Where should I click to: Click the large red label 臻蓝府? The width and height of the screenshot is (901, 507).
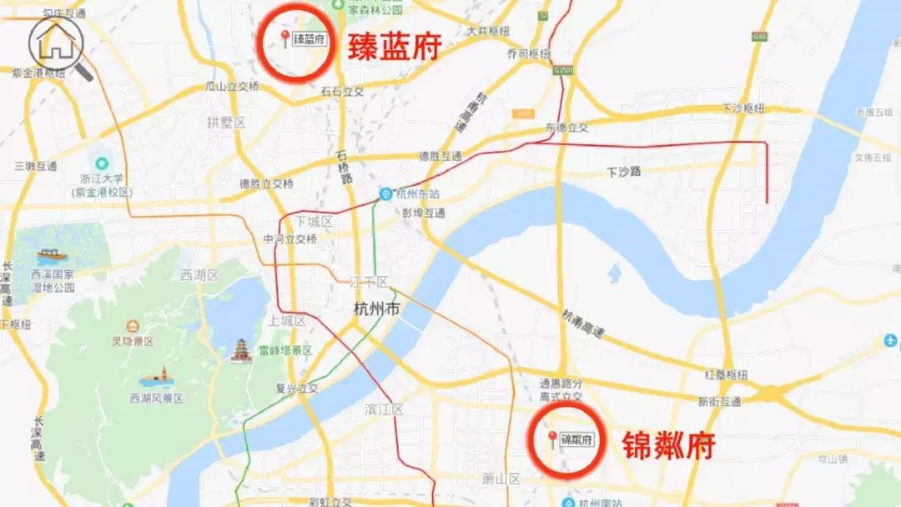point(394,47)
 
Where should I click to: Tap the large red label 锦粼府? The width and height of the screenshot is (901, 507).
point(668,445)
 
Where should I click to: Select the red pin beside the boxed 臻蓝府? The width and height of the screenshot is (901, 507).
point(285,38)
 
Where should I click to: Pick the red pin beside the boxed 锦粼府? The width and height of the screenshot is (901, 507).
point(551,439)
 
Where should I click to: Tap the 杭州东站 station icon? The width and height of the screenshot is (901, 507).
point(385,193)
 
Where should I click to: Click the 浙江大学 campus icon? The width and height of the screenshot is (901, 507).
point(103,163)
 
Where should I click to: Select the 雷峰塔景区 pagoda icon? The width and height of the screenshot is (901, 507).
point(241,350)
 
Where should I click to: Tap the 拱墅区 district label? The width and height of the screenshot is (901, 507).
point(226,123)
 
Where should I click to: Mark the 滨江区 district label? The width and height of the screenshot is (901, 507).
point(384,409)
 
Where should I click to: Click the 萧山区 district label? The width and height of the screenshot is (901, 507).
point(501,479)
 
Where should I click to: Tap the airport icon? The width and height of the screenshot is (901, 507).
point(890,341)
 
